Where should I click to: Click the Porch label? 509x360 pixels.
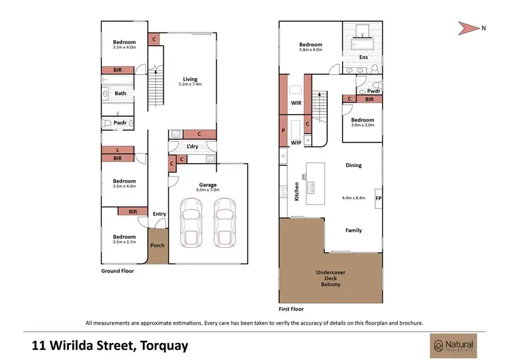pyautogui.click(x=157, y=245)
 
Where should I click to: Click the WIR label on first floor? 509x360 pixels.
pyautogui.click(x=297, y=103)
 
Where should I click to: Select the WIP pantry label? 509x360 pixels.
pyautogui.click(x=297, y=143)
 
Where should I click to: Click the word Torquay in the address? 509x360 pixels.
pyautogui.click(x=165, y=345)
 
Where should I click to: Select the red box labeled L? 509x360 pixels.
pyautogui.click(x=119, y=149)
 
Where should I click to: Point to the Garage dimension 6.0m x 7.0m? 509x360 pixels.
pyautogui.click(x=207, y=190)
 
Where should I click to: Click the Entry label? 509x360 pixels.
pyautogui.click(x=159, y=214)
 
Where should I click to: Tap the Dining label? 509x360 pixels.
pyautogui.click(x=353, y=165)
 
